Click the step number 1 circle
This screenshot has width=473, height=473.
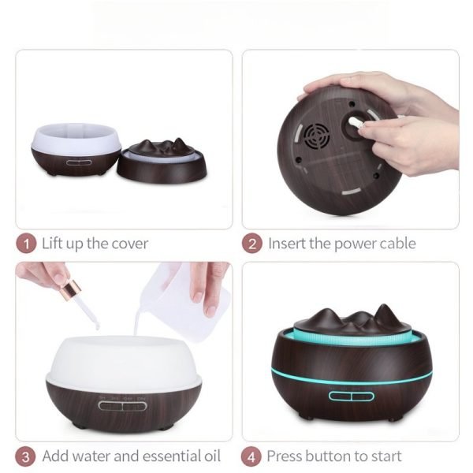26,244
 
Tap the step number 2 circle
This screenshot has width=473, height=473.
252,244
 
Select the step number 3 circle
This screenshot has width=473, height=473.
25,456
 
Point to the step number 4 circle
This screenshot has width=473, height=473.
251,457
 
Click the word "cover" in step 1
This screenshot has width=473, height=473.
130,244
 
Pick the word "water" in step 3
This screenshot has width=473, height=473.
91,456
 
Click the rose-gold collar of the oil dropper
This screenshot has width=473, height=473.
71,289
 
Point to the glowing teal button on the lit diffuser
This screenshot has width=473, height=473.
352,397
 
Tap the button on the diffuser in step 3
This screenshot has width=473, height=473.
122,406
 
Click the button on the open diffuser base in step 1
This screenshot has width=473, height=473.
79,162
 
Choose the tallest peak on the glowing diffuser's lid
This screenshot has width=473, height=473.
384,307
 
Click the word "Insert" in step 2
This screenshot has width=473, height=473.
287,243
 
